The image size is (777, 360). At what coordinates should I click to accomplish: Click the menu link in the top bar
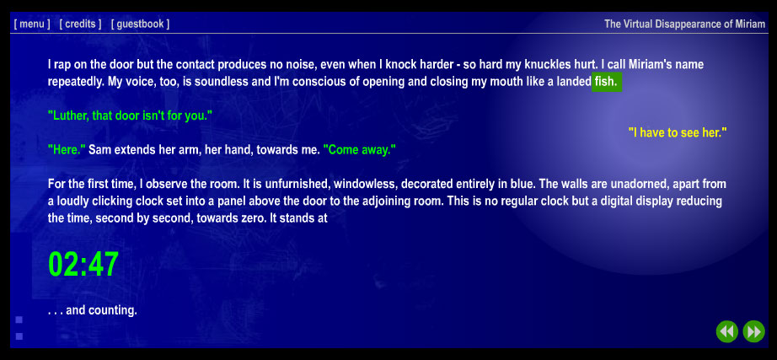pyautogui.click(x=32, y=24)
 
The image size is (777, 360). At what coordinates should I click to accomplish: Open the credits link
pyautogui.click(x=80, y=24)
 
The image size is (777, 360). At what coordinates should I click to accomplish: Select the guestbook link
pyautogui.click(x=140, y=24)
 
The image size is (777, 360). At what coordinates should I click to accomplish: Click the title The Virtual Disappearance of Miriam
pyautogui.click(x=685, y=24)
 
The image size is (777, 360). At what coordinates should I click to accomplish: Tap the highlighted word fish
pyautogui.click(x=606, y=82)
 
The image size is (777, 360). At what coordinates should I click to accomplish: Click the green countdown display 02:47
pyautogui.click(x=83, y=264)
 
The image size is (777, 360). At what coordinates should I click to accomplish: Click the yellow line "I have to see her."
pyautogui.click(x=678, y=133)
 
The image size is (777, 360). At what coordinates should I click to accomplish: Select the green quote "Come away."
pyautogui.click(x=360, y=150)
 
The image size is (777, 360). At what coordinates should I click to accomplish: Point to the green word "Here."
pyautogui.click(x=67, y=150)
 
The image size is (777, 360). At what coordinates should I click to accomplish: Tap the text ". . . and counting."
pyautogui.click(x=92, y=311)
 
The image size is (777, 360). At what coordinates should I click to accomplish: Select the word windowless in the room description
pyautogui.click(x=365, y=184)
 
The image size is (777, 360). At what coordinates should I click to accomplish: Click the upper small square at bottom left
pyautogui.click(x=19, y=320)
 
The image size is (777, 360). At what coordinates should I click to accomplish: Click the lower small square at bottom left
pyautogui.click(x=19, y=336)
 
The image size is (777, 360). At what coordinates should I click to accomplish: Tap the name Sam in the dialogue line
pyautogui.click(x=98, y=150)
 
